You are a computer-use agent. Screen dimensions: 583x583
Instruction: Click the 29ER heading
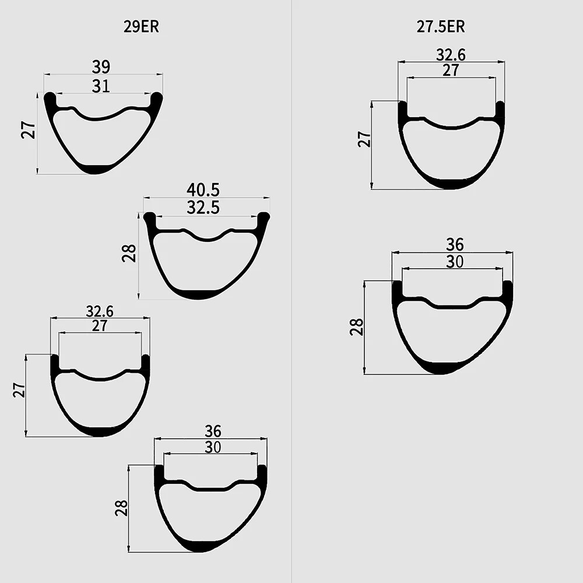click(x=141, y=27)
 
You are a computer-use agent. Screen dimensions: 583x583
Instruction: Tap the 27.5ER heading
click(x=441, y=27)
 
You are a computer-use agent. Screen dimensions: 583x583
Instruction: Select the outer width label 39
click(x=101, y=67)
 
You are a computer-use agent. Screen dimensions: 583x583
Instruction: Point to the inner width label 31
click(x=101, y=86)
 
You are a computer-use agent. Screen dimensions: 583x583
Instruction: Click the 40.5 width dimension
click(x=203, y=190)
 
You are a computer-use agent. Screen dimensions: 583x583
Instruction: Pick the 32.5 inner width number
click(x=203, y=208)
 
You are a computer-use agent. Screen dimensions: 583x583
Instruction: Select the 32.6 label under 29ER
click(x=100, y=311)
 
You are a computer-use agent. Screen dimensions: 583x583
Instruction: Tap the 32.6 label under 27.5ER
click(x=451, y=55)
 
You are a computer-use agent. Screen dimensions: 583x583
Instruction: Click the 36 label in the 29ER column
click(x=213, y=431)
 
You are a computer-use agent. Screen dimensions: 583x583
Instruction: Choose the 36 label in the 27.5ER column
click(x=455, y=245)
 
